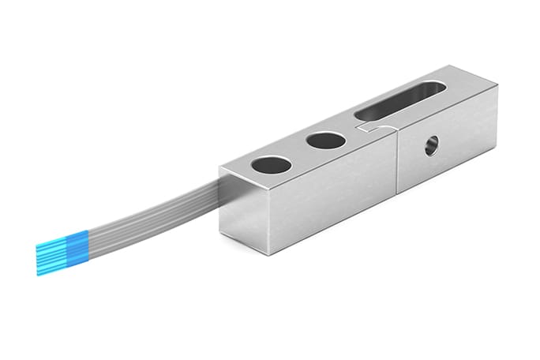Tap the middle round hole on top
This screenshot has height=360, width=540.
click(326, 142)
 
